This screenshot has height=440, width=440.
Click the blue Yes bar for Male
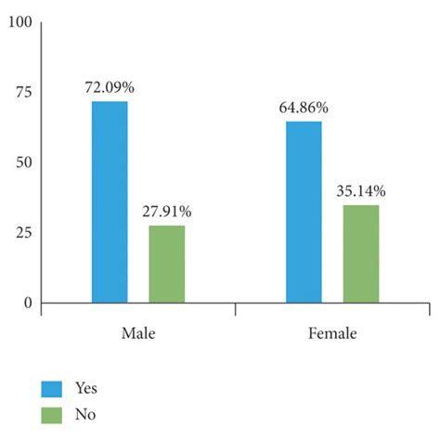tap(110, 201)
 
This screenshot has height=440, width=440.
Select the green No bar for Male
tap(166, 264)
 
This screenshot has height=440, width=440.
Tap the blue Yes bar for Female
tap(304, 212)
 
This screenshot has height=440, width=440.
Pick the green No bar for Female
tap(361, 253)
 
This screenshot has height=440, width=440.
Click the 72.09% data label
tap(110, 87)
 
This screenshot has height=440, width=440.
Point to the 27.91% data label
tap(167, 212)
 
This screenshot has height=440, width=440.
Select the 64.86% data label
tap(304, 108)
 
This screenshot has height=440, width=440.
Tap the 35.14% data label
tap(361, 191)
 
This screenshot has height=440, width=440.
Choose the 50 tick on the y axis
tap(22, 162)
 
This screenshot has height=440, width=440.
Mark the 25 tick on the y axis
tap(22, 232)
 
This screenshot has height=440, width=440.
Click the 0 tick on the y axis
tap(27, 303)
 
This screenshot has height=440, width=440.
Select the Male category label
tap(137, 332)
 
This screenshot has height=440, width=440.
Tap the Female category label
tap(332, 332)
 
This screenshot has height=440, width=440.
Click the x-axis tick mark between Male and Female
tap(235, 308)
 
